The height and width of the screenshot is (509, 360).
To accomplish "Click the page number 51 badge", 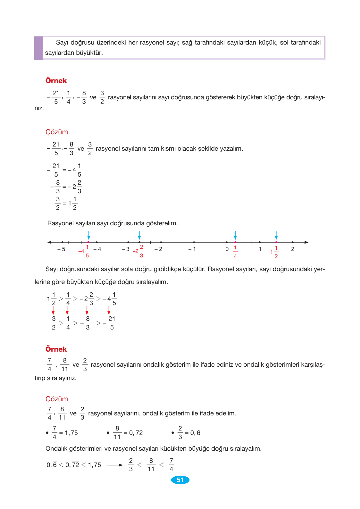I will click(180, 480).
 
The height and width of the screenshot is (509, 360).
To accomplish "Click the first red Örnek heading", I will click(56, 81).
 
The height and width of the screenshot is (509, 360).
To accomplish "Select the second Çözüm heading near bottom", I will click(57, 399).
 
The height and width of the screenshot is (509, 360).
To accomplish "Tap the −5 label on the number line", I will click(61, 249).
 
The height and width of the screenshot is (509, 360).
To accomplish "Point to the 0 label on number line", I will click(227, 249).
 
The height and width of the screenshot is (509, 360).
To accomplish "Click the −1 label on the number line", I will click(192, 249).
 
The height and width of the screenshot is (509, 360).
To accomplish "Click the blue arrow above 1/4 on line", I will click(235, 235).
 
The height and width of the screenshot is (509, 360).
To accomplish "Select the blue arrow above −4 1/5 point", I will click(89, 235).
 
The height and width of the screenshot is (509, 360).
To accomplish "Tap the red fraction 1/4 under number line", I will click(235, 252).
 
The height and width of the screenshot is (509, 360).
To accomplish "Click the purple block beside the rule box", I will click(38, 48).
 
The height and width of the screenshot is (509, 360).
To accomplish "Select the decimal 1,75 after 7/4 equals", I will click(71, 433).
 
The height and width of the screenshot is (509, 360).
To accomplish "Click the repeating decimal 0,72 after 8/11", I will click(136, 433).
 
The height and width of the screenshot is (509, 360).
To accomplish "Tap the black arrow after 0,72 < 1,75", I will click(115, 465).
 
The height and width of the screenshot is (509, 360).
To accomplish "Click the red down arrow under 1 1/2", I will click(53, 310).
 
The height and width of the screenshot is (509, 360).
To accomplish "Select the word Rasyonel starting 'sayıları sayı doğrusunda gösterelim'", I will click(60, 223).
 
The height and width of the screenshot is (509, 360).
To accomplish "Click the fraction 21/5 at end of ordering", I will click(112, 323).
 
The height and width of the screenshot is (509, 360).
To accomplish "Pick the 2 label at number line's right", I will click(293, 249).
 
